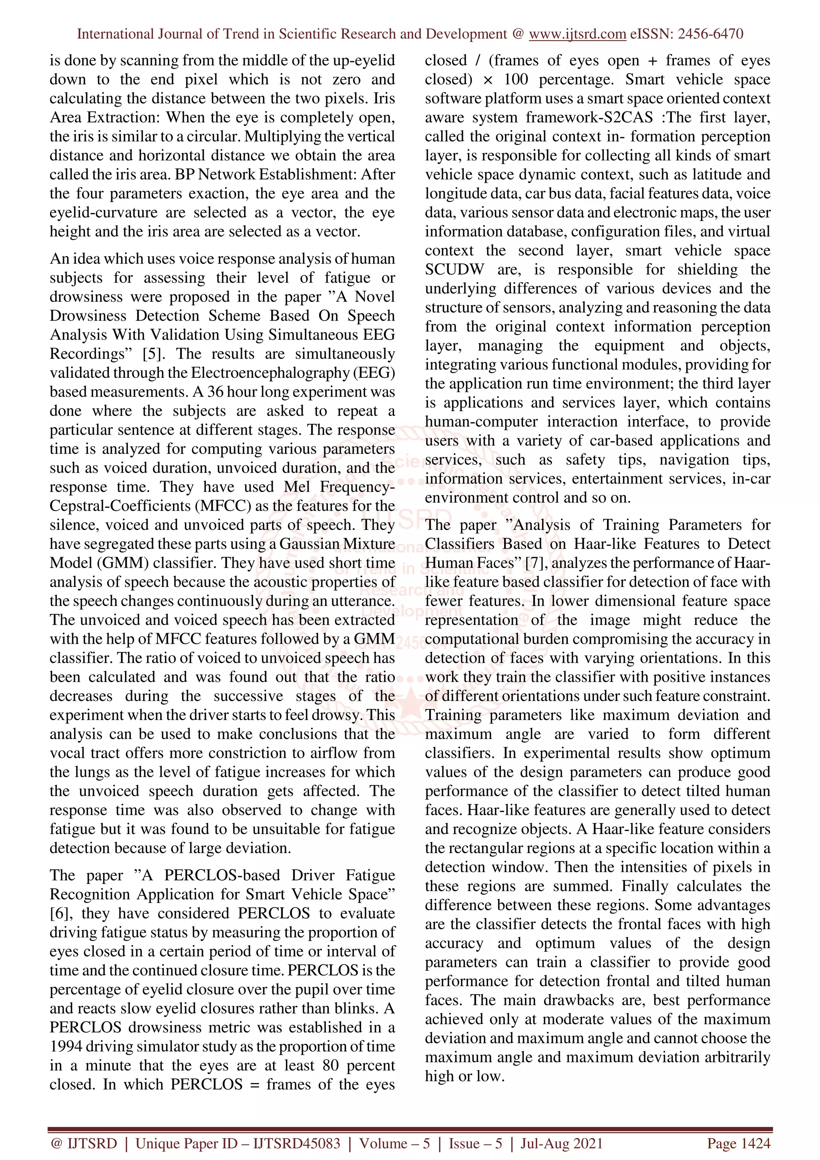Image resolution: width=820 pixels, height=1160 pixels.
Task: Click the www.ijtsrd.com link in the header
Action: tap(577, 34)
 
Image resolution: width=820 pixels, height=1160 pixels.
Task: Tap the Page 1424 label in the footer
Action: tap(739, 1143)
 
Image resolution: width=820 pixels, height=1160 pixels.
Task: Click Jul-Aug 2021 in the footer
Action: tap(561, 1143)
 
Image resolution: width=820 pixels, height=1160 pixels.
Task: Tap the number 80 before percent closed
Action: tap(331, 1066)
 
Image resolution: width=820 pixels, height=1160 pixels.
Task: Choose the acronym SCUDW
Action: tap(454, 269)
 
